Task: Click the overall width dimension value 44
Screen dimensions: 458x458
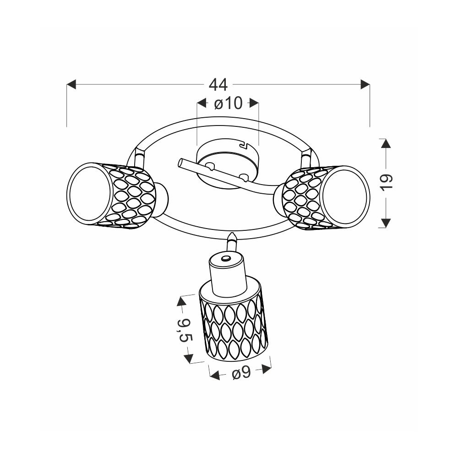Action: [x=218, y=85]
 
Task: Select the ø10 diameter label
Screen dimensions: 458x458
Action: [x=228, y=103]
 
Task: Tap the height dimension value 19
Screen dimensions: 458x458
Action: [x=386, y=183]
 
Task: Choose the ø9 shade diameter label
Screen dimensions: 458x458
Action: [x=241, y=373]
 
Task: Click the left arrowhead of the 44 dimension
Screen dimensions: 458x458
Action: [x=71, y=84]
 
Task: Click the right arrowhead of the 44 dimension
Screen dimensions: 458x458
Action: [x=365, y=84]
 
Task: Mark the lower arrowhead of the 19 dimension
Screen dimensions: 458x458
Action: [x=386, y=223]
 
